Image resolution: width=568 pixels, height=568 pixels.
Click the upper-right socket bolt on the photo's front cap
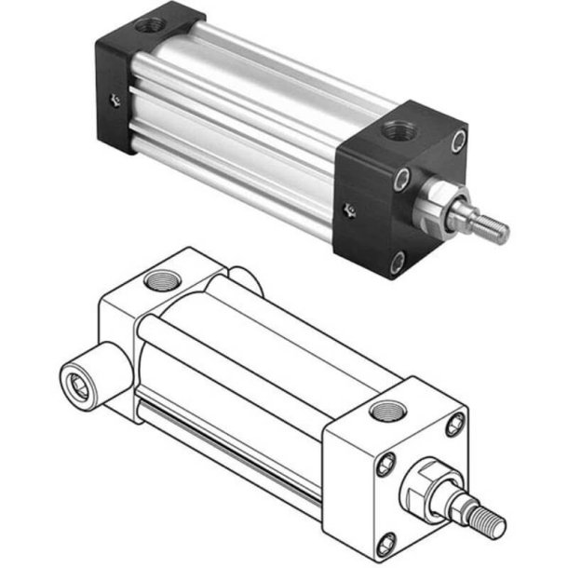pyautogui.click(x=458, y=140)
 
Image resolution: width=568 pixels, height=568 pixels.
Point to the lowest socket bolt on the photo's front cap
pyautogui.click(x=399, y=264)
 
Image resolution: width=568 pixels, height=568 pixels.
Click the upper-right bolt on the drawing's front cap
pyautogui.click(x=453, y=425)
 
